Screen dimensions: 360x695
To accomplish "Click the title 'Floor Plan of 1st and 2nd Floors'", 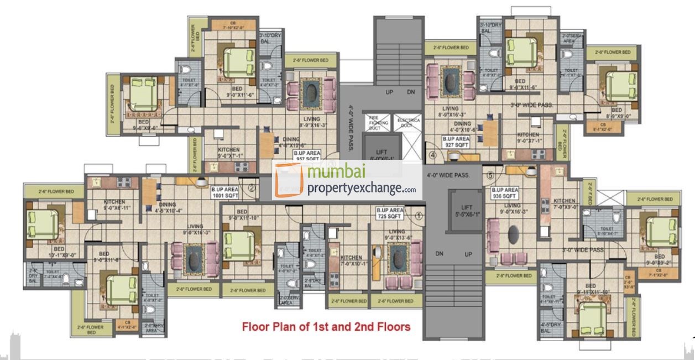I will point(326,327).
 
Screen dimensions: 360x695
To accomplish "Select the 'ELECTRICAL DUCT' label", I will point(409,122).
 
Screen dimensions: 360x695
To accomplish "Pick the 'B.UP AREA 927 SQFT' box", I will point(456,142).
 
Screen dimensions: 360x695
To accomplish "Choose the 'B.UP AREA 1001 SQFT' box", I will point(225,192).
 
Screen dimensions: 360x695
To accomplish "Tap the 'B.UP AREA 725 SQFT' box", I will point(390,213).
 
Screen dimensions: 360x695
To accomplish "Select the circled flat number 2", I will point(251,188).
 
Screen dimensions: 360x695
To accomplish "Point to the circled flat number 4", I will point(432,155).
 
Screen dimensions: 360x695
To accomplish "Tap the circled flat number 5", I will point(490,176).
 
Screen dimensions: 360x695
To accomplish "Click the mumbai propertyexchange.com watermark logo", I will point(347,180).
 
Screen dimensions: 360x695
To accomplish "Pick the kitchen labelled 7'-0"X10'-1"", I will point(351,260).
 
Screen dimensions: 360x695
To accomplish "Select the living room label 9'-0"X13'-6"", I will point(396,235).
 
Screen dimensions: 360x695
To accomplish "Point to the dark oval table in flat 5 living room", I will point(514,234).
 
